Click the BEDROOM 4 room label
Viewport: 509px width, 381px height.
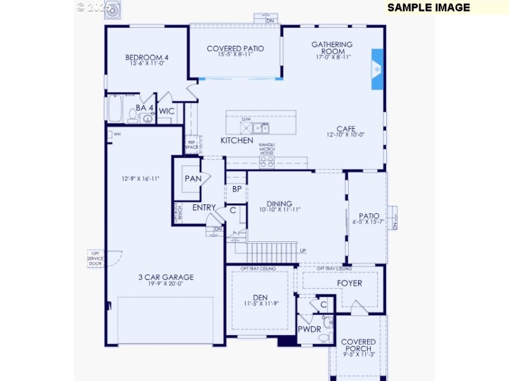pyautogui.click(x=147, y=58)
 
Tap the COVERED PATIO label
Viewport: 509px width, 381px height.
pyautogui.click(x=236, y=49)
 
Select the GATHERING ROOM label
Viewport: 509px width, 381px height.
pyautogui.click(x=331, y=48)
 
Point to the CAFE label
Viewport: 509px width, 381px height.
pyautogui.click(x=345, y=129)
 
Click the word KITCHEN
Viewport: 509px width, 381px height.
pyautogui.click(x=237, y=140)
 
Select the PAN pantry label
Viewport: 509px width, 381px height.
pyautogui.click(x=193, y=178)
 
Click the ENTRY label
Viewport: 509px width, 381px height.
pyautogui.click(x=204, y=208)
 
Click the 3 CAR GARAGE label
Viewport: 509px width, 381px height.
pyautogui.click(x=166, y=277)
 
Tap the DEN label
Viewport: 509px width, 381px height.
pyautogui.click(x=260, y=297)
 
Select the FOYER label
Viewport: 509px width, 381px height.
pyautogui.click(x=349, y=283)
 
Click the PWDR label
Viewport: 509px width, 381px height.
pyautogui.click(x=309, y=329)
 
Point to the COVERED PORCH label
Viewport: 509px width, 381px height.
pyautogui.click(x=358, y=345)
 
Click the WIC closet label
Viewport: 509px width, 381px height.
pyautogui.click(x=167, y=111)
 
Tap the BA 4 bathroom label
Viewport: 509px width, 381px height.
pyautogui.click(x=144, y=108)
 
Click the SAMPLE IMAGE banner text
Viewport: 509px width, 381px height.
pyautogui.click(x=428, y=8)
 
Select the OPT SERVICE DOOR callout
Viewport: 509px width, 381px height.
pyautogui.click(x=95, y=258)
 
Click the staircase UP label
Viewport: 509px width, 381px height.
pyautogui.click(x=302, y=250)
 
